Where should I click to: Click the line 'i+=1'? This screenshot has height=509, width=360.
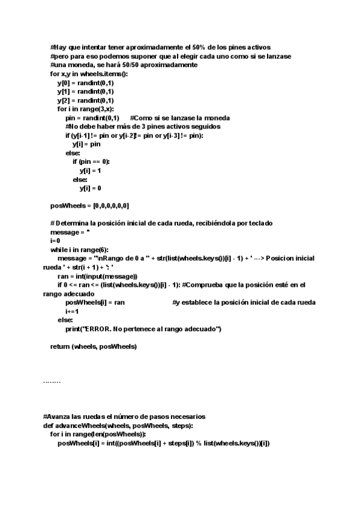[x=72, y=311]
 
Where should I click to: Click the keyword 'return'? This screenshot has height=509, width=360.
[x=60, y=346]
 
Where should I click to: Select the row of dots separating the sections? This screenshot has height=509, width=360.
[x=52, y=381]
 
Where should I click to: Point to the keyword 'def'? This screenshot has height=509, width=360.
[x=48, y=426]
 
